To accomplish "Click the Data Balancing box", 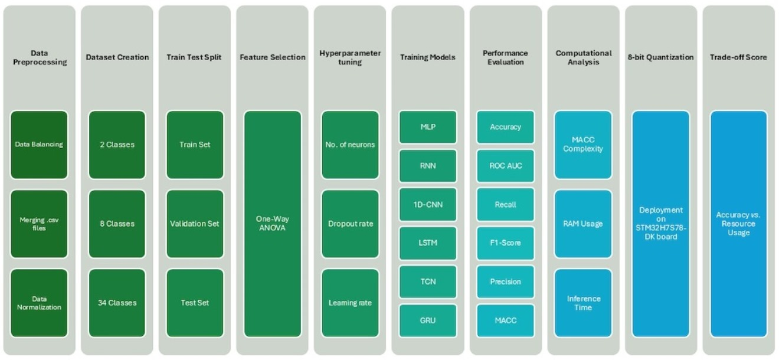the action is click(x=39, y=145).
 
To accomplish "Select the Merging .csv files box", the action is click(x=39, y=224).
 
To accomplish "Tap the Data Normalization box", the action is click(x=39, y=303).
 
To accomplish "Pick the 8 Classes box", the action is click(x=117, y=224).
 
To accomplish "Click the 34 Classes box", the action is click(x=117, y=303).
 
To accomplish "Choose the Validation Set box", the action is click(x=195, y=224).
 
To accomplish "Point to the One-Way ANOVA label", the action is click(x=272, y=223).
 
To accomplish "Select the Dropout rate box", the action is click(x=350, y=224).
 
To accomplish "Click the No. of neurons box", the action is click(x=350, y=145).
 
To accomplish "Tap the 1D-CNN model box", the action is click(x=428, y=205).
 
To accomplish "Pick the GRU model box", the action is click(x=428, y=320).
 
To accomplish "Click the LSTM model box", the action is click(x=428, y=243).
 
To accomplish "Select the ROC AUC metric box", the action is click(x=505, y=166).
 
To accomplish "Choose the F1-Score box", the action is click(x=505, y=243).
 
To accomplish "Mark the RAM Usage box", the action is click(x=583, y=224).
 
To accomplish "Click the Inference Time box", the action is click(x=583, y=303).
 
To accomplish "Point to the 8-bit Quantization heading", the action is click(x=661, y=57).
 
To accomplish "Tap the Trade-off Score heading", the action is click(x=738, y=57).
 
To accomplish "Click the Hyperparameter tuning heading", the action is click(x=350, y=58).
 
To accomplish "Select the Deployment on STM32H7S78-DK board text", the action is click(x=661, y=223).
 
